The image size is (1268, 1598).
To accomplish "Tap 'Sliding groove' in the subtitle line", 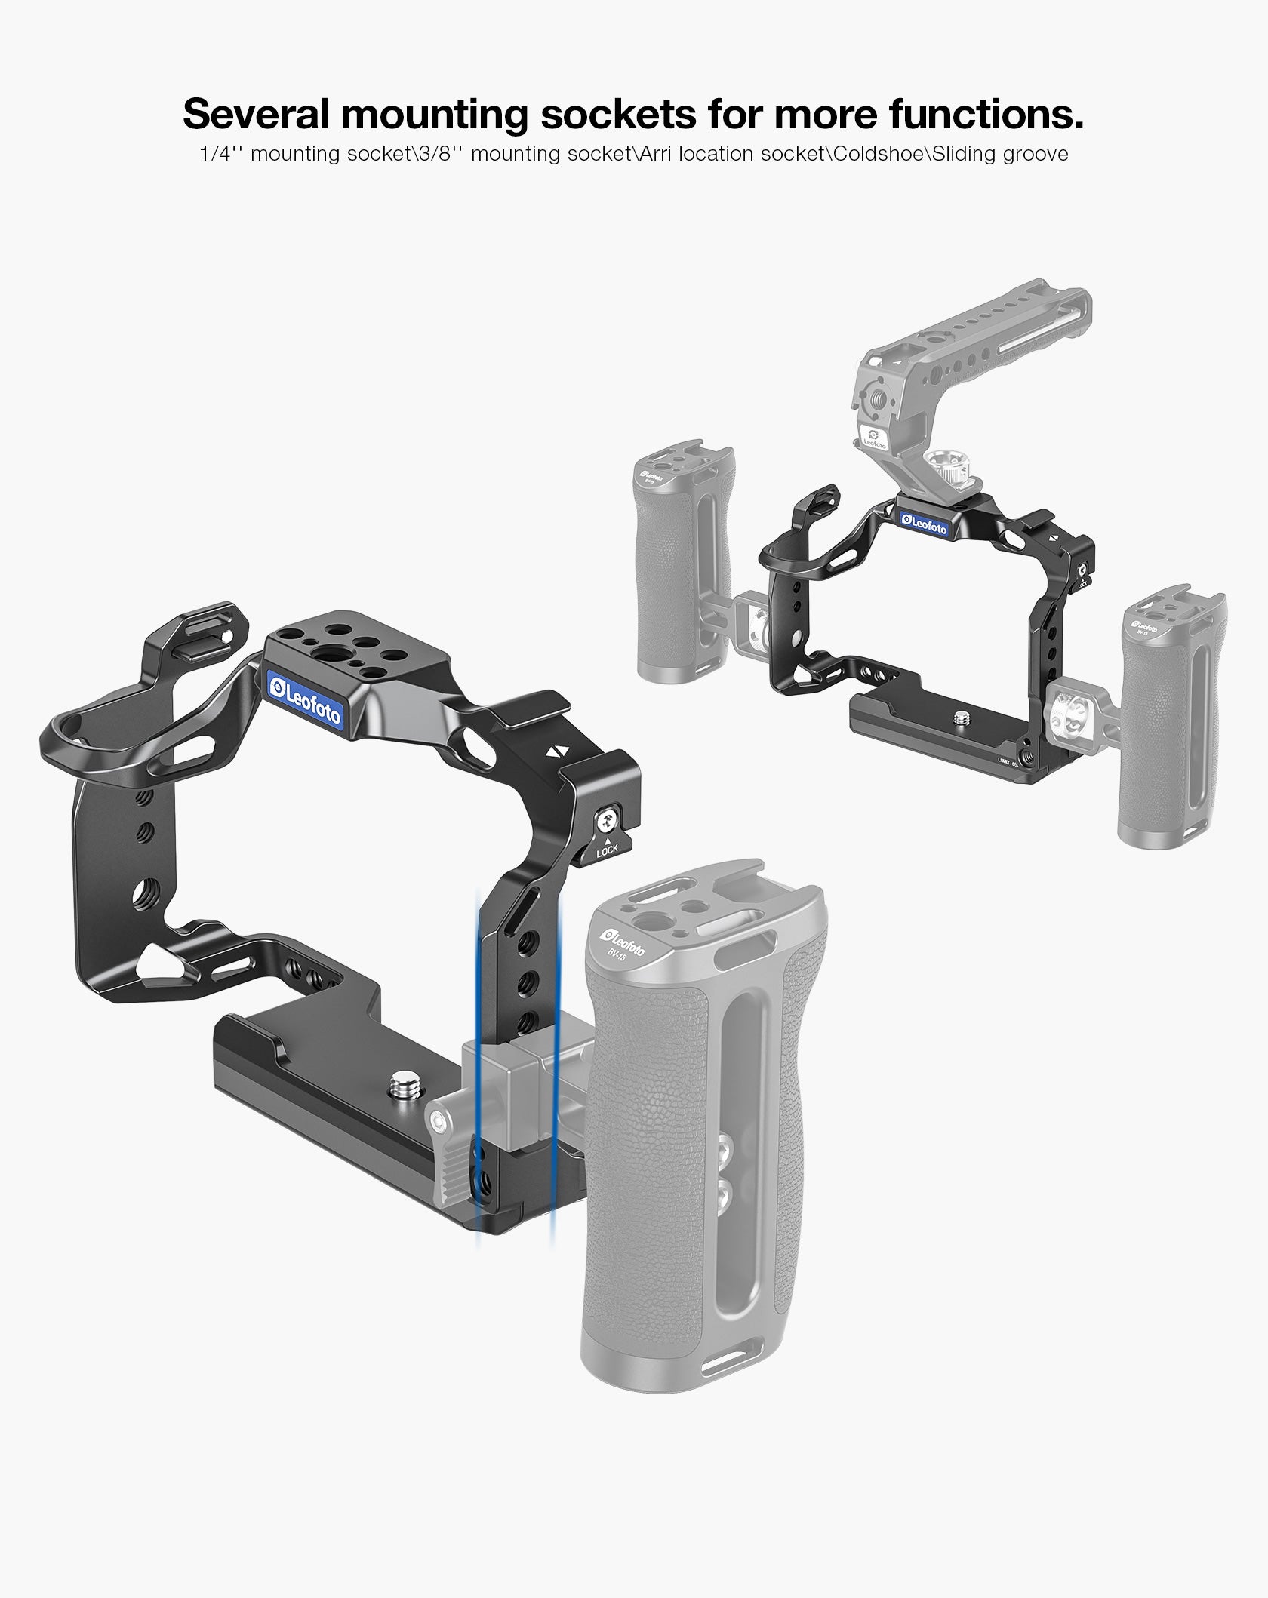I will click(x=1001, y=154).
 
